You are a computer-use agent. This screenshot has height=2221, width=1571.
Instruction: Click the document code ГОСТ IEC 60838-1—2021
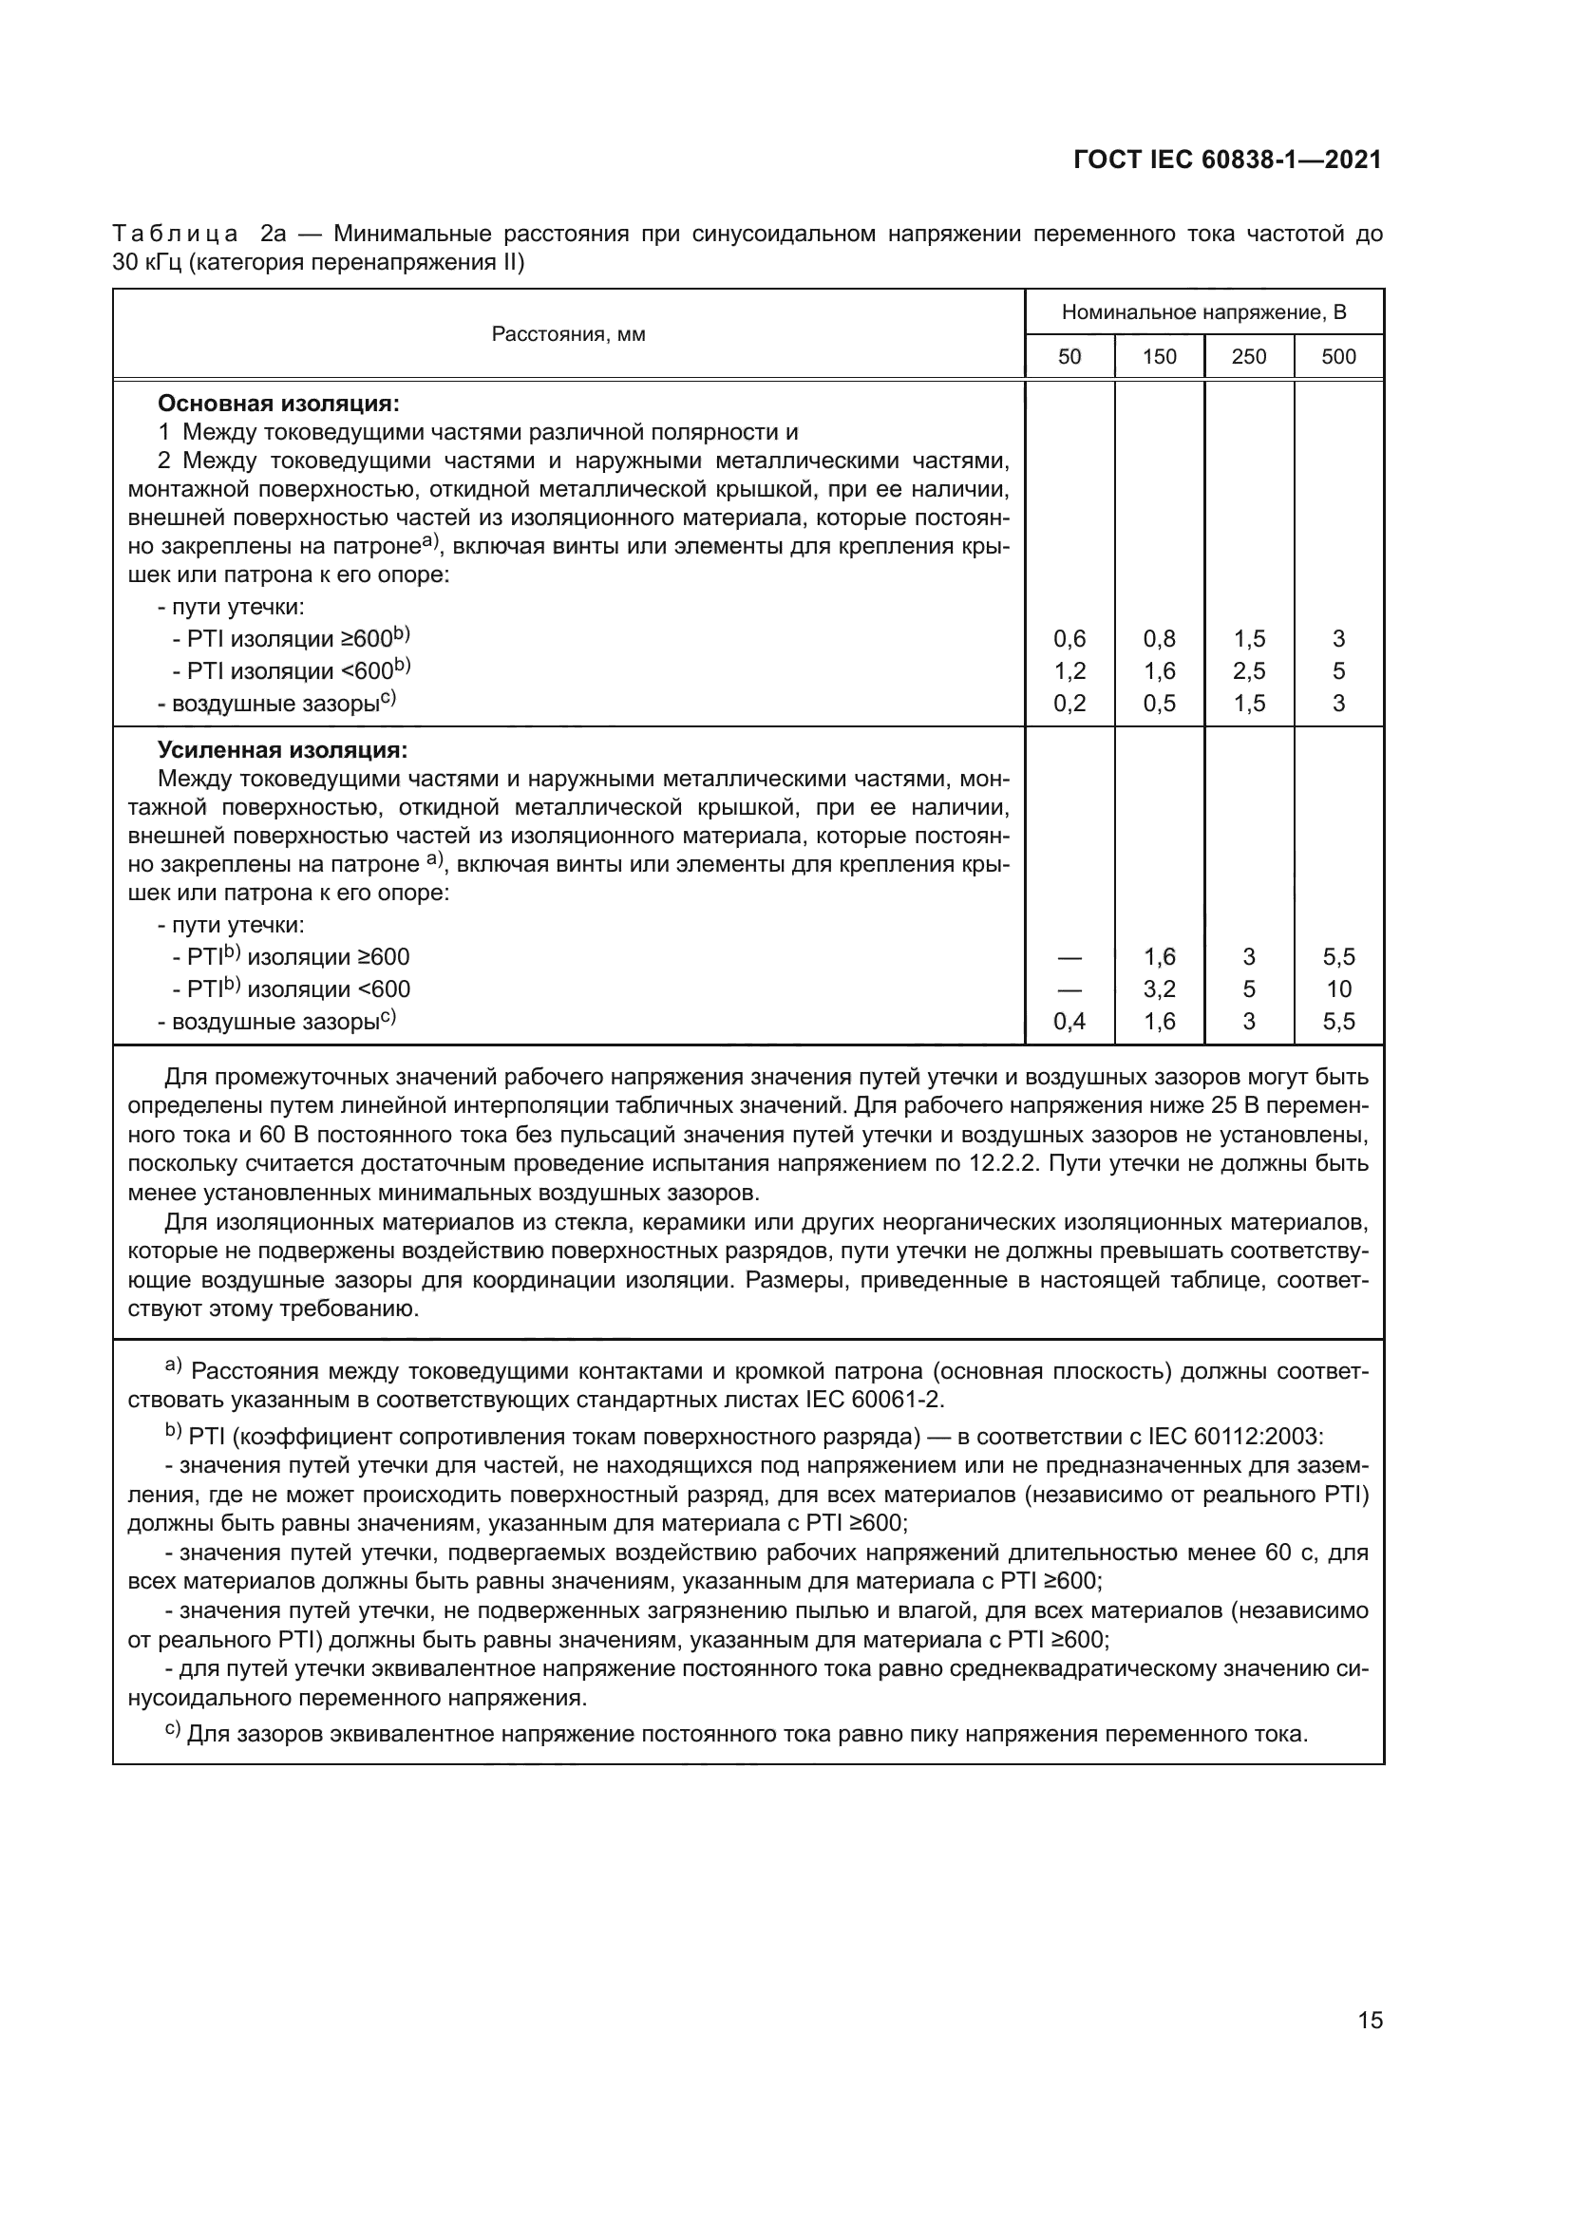point(1226,160)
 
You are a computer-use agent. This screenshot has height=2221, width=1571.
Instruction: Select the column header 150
point(1159,357)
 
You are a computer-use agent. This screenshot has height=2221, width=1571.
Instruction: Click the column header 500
point(1338,357)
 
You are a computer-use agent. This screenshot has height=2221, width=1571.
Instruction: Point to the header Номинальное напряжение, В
point(1203,312)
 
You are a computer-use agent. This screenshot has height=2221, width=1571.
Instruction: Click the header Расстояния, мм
point(568,334)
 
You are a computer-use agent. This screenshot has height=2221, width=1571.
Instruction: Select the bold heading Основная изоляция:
point(278,403)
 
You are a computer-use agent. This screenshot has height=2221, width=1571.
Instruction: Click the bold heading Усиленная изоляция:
point(282,750)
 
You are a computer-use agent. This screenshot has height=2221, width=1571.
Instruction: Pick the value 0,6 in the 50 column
point(1069,638)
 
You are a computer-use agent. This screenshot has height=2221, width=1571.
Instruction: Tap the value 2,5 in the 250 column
point(1249,670)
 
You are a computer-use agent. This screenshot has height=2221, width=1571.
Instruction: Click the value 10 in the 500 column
point(1339,988)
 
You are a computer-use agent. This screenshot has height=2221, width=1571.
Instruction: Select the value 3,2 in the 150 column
point(1159,988)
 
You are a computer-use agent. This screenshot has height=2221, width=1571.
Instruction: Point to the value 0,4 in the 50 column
point(1069,1021)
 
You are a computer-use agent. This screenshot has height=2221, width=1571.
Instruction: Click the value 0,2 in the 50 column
point(1069,704)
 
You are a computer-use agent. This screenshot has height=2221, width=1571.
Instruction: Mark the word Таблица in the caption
point(175,235)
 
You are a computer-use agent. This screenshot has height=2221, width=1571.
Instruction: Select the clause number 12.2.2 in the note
point(1002,1163)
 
